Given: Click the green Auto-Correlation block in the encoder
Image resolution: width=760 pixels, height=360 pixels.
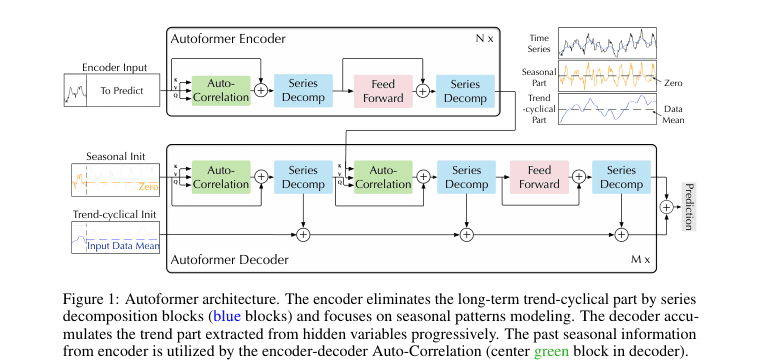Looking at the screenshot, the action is (x=221, y=91).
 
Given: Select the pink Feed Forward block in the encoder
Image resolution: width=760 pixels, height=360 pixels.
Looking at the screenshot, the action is (x=383, y=91).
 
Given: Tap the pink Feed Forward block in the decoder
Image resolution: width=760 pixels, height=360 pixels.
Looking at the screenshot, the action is (x=539, y=177).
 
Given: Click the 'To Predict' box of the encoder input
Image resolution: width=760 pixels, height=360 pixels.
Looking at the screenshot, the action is (x=122, y=90).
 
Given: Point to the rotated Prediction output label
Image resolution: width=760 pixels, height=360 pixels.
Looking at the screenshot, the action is (x=689, y=207).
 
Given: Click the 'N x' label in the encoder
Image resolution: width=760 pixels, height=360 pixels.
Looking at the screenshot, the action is (x=484, y=39).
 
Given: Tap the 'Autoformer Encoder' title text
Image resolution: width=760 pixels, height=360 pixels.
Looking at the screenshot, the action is (x=228, y=39).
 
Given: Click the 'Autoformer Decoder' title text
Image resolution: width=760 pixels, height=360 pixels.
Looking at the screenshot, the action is (x=229, y=260).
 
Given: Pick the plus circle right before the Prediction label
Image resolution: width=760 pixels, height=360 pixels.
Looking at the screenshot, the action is (x=667, y=207).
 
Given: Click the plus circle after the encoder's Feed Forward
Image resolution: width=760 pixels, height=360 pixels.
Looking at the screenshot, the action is (x=423, y=91).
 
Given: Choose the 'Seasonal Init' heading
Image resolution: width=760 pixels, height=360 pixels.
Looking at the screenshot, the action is (x=115, y=157).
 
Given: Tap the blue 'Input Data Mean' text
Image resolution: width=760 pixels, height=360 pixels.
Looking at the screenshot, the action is (x=123, y=247).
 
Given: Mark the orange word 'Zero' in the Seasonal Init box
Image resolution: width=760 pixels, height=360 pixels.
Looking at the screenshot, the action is (x=148, y=187).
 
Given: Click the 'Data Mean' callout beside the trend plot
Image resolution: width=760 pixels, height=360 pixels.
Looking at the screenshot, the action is (x=674, y=114).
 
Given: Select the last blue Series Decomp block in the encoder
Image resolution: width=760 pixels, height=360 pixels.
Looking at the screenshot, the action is (x=465, y=91).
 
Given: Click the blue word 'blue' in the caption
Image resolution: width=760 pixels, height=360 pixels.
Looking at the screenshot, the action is (x=227, y=318).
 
